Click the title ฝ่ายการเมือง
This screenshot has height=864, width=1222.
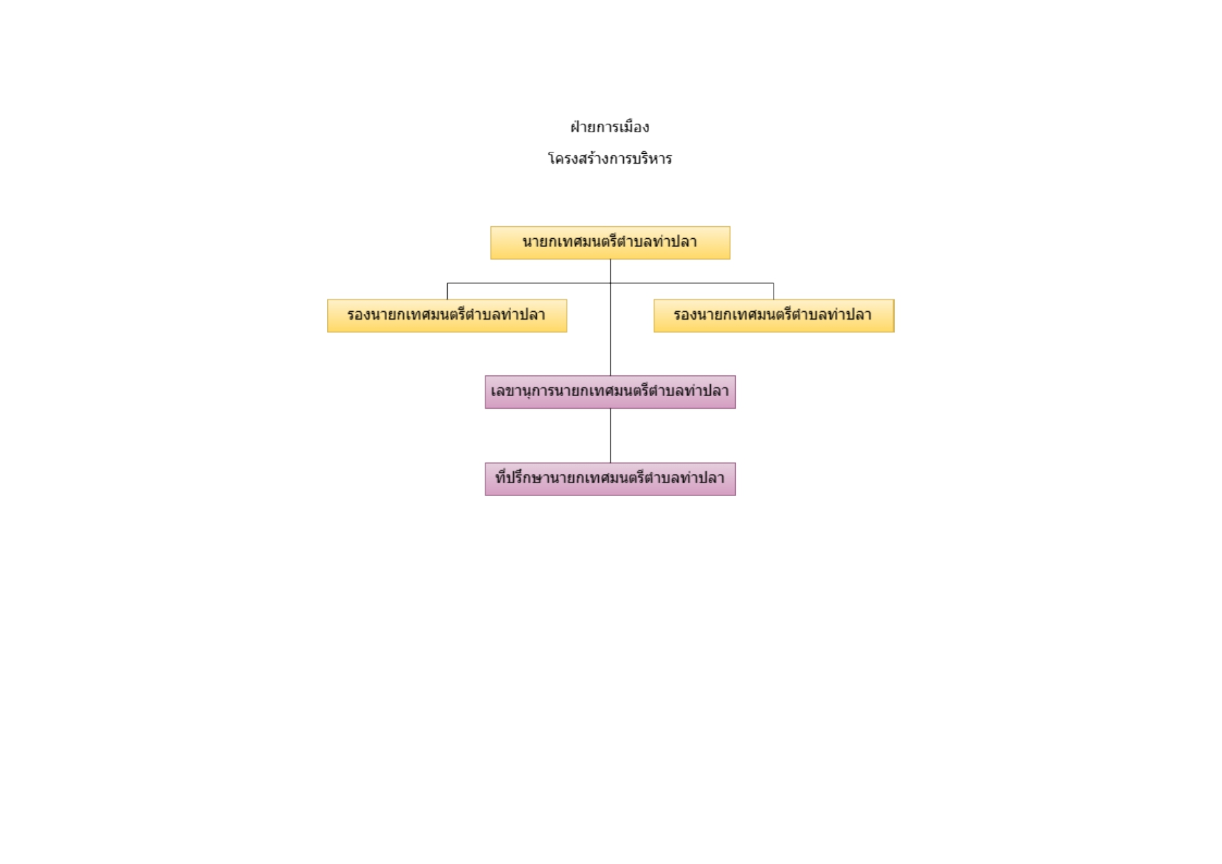coord(610,127)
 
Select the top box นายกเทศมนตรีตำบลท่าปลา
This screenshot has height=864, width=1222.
coord(610,243)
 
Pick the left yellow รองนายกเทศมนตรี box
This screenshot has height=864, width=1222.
coord(447,316)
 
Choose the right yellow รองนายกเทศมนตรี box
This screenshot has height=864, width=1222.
coord(774,316)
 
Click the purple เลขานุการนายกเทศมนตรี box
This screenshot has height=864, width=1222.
coord(610,392)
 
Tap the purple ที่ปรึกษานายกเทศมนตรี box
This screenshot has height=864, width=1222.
coord(610,479)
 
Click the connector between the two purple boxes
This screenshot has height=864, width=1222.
coord(611,436)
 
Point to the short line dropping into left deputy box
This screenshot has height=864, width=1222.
coord(447,291)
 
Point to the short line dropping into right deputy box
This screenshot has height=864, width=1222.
coord(774,291)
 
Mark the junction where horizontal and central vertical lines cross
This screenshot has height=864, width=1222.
coord(611,283)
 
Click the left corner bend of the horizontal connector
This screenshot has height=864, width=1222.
coord(447,283)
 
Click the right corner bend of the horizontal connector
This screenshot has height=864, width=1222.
coord(774,283)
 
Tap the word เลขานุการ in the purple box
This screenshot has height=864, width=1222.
coord(522,391)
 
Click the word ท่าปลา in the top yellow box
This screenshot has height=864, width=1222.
coord(675,242)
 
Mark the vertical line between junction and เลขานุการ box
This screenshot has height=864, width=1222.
coord(611,330)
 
